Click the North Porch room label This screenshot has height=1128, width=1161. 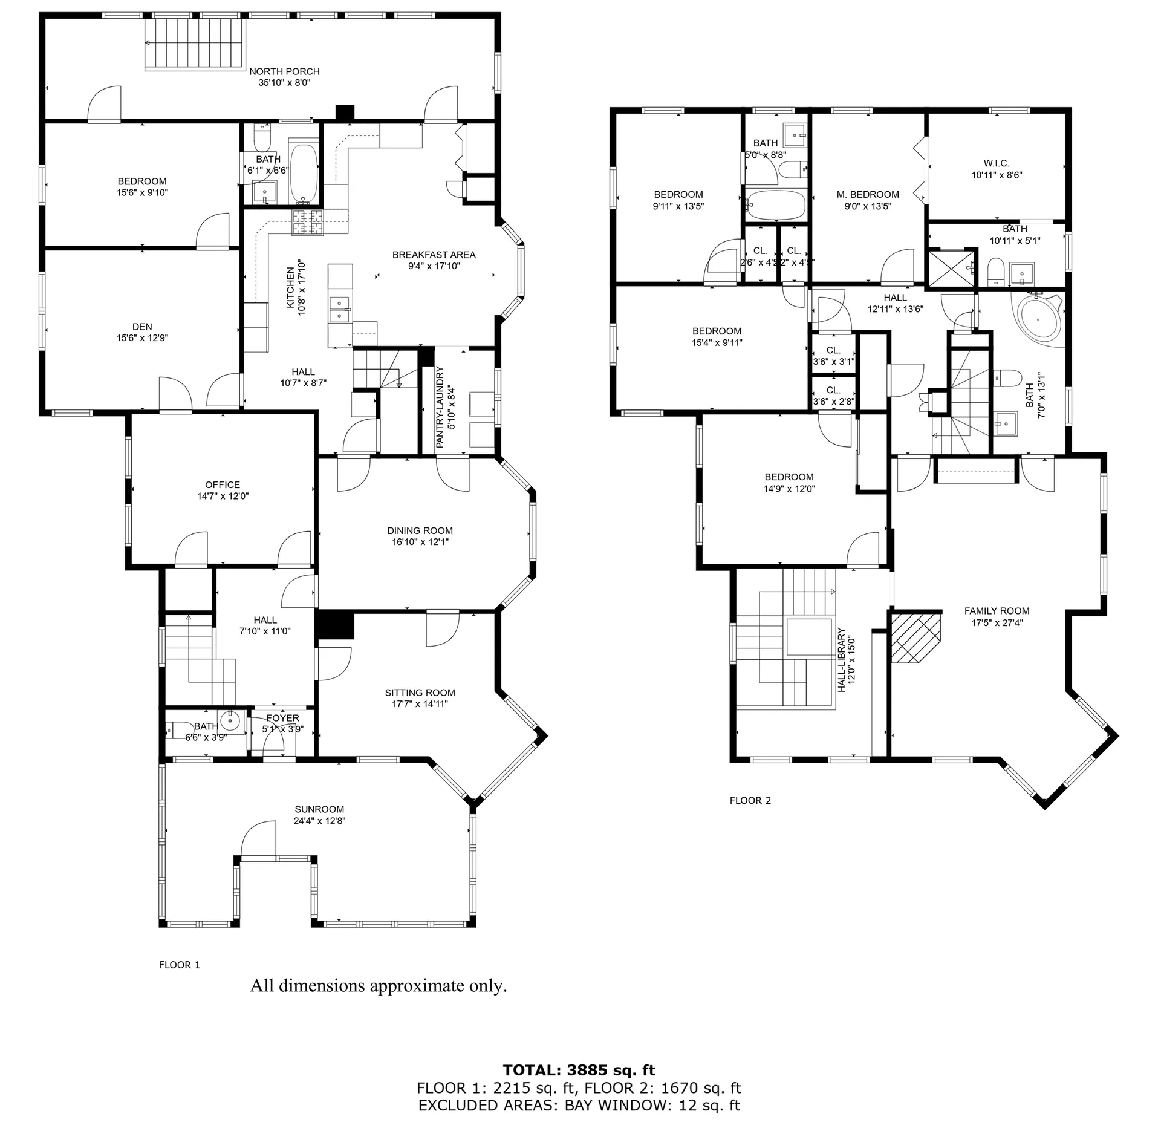click(x=284, y=71)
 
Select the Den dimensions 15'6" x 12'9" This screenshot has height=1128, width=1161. click(x=142, y=338)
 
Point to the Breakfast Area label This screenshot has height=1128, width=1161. click(x=434, y=255)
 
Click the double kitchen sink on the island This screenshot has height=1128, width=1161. click(x=340, y=309)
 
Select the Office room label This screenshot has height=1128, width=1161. click(x=223, y=484)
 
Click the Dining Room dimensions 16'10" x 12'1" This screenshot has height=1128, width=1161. click(x=420, y=542)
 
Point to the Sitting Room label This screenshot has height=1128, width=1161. click(x=420, y=693)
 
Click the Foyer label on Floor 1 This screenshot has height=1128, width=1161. click(x=282, y=718)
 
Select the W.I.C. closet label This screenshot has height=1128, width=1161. click(x=996, y=163)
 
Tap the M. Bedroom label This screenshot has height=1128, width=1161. click(x=868, y=194)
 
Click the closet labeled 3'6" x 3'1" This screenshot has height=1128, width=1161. click(x=833, y=356)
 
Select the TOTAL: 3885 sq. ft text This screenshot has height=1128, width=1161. click(x=579, y=1070)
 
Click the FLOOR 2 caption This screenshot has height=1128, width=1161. click(x=750, y=800)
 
